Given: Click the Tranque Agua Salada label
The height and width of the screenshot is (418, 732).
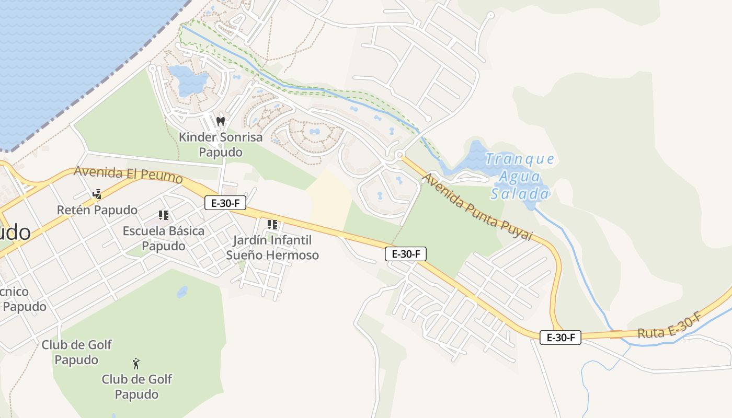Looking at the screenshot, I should pos(520,177).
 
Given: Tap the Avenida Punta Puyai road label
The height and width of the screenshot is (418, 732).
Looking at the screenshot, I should pos(476,207).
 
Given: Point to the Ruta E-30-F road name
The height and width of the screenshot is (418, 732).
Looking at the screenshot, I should pos(669,326).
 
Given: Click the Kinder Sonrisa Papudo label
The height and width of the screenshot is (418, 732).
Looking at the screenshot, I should pos(220,145).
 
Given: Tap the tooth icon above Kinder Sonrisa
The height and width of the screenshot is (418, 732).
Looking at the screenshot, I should pos(220,122).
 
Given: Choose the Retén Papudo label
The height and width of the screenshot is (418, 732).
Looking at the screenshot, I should pos(97,210).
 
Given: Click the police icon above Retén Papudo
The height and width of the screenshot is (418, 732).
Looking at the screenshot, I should pos(97,195).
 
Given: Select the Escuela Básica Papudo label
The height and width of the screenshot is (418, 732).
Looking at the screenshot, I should pos(164,238).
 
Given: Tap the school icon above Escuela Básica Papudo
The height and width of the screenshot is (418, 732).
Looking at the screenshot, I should pos(164,215).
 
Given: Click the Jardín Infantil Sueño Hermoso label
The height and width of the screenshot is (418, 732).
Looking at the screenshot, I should pos(272,248).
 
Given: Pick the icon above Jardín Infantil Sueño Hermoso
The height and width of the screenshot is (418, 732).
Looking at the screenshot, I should pos(272,225).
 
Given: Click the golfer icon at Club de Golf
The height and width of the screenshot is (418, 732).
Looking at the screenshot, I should pos(136,363).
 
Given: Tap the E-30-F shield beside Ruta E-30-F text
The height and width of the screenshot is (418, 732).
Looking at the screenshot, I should pos(560,338).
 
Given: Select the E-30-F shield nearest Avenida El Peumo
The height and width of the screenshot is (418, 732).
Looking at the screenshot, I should pos(225,203).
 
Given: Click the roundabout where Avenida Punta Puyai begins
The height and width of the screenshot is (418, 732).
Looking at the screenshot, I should pos(400,155).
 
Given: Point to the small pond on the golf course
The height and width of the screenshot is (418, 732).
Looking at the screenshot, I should pos(182,292).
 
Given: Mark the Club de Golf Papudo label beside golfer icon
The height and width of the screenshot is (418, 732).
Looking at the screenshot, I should pos(136,387).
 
